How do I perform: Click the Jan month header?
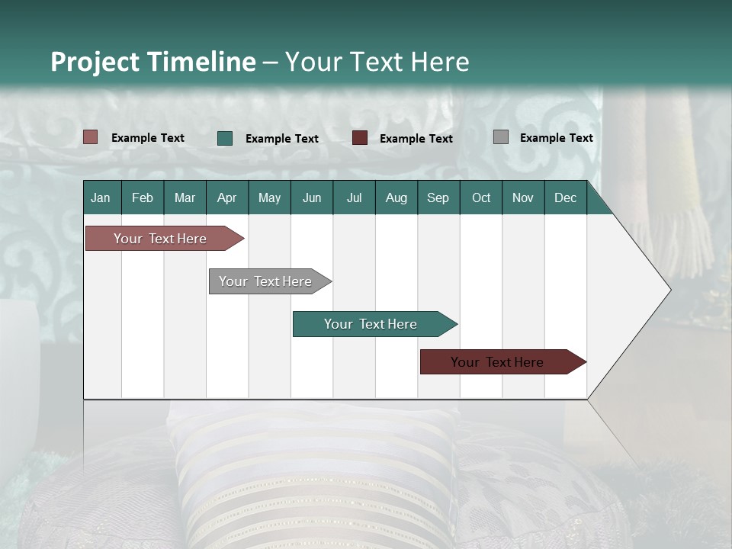[101, 197]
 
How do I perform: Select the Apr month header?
[227, 197]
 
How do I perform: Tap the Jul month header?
[354, 197]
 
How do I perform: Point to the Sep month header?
[438, 197]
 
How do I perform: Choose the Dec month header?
[565, 197]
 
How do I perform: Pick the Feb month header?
[143, 197]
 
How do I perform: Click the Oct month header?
[481, 197]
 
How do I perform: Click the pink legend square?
[91, 137]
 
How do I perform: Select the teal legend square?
[225, 138]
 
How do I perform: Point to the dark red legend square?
[360, 138]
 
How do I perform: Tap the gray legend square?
[501, 137]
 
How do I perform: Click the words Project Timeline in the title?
[153, 62]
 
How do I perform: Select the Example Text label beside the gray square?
[556, 138]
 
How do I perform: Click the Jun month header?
[312, 197]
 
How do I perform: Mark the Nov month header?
[523, 197]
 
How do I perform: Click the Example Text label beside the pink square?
[148, 138]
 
